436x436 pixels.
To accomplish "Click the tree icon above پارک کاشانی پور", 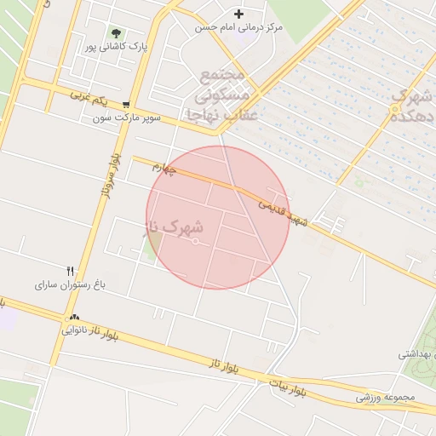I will (x=116, y=34).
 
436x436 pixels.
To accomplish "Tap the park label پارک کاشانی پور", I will (x=115, y=47).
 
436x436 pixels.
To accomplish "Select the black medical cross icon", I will (x=238, y=14).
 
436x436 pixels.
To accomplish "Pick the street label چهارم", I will (x=163, y=169).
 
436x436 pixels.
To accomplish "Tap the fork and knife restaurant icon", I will (x=70, y=271).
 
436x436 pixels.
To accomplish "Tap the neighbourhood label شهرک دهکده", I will (x=410, y=107).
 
